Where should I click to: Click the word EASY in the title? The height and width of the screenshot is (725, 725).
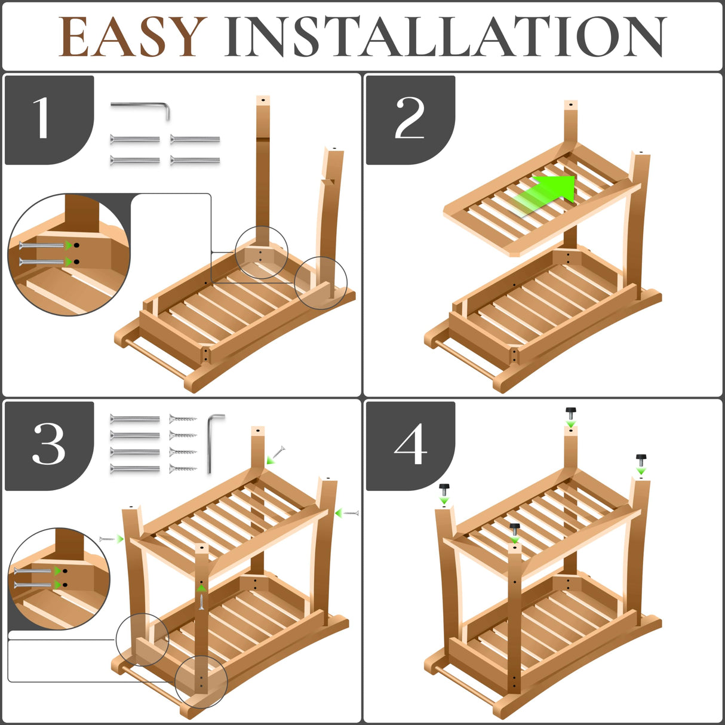click(133, 36)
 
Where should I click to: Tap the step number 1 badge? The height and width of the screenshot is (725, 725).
click(49, 119)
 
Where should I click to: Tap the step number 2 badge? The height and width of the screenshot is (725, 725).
click(410, 119)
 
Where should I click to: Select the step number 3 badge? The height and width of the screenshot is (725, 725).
click(49, 446)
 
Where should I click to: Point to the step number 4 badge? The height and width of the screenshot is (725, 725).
click(410, 446)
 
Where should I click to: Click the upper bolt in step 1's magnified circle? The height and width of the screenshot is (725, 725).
click(42, 245)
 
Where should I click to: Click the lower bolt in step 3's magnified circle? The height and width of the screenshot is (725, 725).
click(33, 585)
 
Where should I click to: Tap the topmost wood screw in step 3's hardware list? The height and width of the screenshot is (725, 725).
click(183, 419)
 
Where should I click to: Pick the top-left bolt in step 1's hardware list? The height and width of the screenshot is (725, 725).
click(135, 140)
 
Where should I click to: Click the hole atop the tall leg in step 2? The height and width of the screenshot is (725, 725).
click(571, 105)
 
